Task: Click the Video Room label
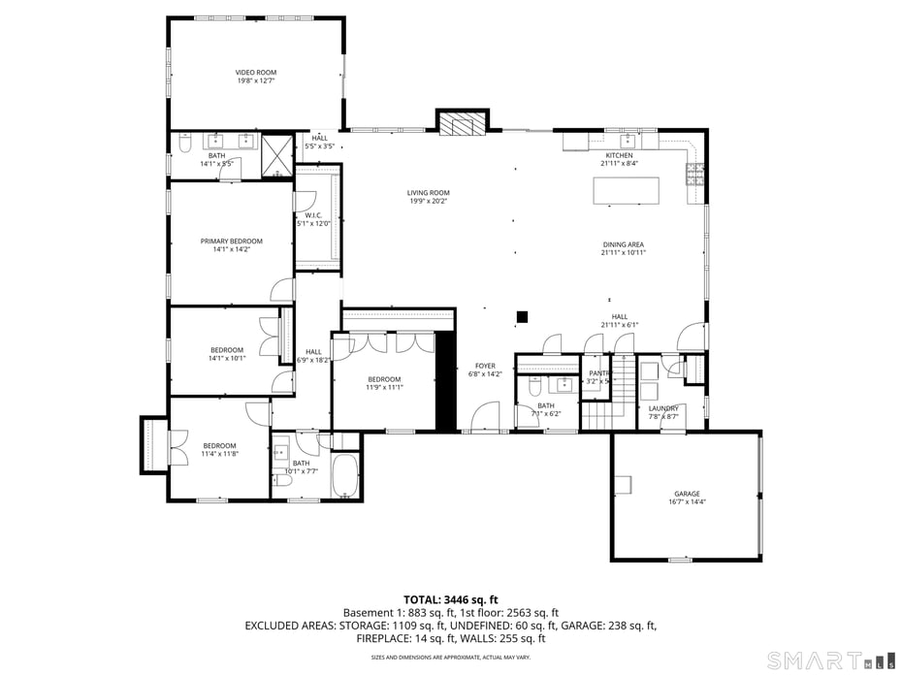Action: tap(256, 73)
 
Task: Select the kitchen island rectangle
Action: tap(626, 190)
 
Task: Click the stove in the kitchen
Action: tap(695, 175)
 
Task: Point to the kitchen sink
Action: tap(626, 140)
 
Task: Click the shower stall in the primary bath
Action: tap(277, 155)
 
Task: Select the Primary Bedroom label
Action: tap(231, 241)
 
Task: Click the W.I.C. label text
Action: tap(313, 215)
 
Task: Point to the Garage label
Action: tap(687, 494)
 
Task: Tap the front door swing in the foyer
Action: tap(481, 418)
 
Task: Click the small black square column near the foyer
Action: tap(522, 316)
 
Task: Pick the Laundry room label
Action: tap(663, 409)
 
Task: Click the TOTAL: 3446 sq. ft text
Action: tap(450, 599)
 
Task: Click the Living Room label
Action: tap(428, 193)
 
